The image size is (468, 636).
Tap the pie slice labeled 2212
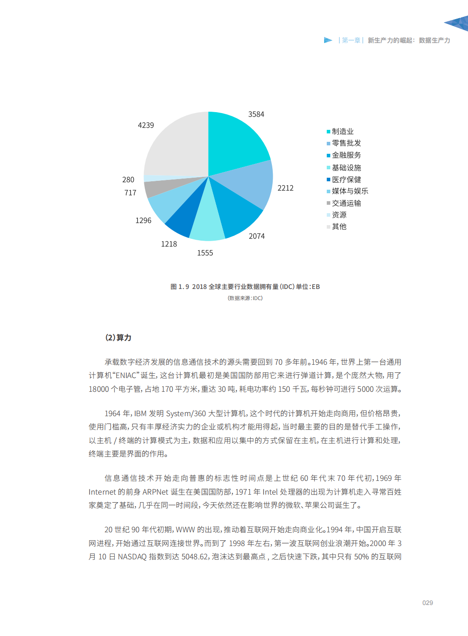(250, 184)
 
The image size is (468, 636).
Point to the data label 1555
(205, 253)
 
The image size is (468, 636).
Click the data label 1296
(143, 221)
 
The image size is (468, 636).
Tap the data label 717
(130, 193)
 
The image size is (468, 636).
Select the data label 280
(128, 180)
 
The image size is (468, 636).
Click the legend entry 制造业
(343, 132)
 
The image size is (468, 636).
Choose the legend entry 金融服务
(346, 155)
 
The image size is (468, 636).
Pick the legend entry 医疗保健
(346, 179)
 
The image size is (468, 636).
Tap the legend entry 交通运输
(346, 203)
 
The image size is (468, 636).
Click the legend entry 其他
(339, 226)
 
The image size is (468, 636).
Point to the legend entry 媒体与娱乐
(350, 191)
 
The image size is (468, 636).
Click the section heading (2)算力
(118, 338)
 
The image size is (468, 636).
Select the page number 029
(428, 603)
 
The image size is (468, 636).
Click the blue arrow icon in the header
(328, 40)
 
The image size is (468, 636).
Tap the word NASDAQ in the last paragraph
(132, 557)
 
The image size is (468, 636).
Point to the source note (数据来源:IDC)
(245, 298)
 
